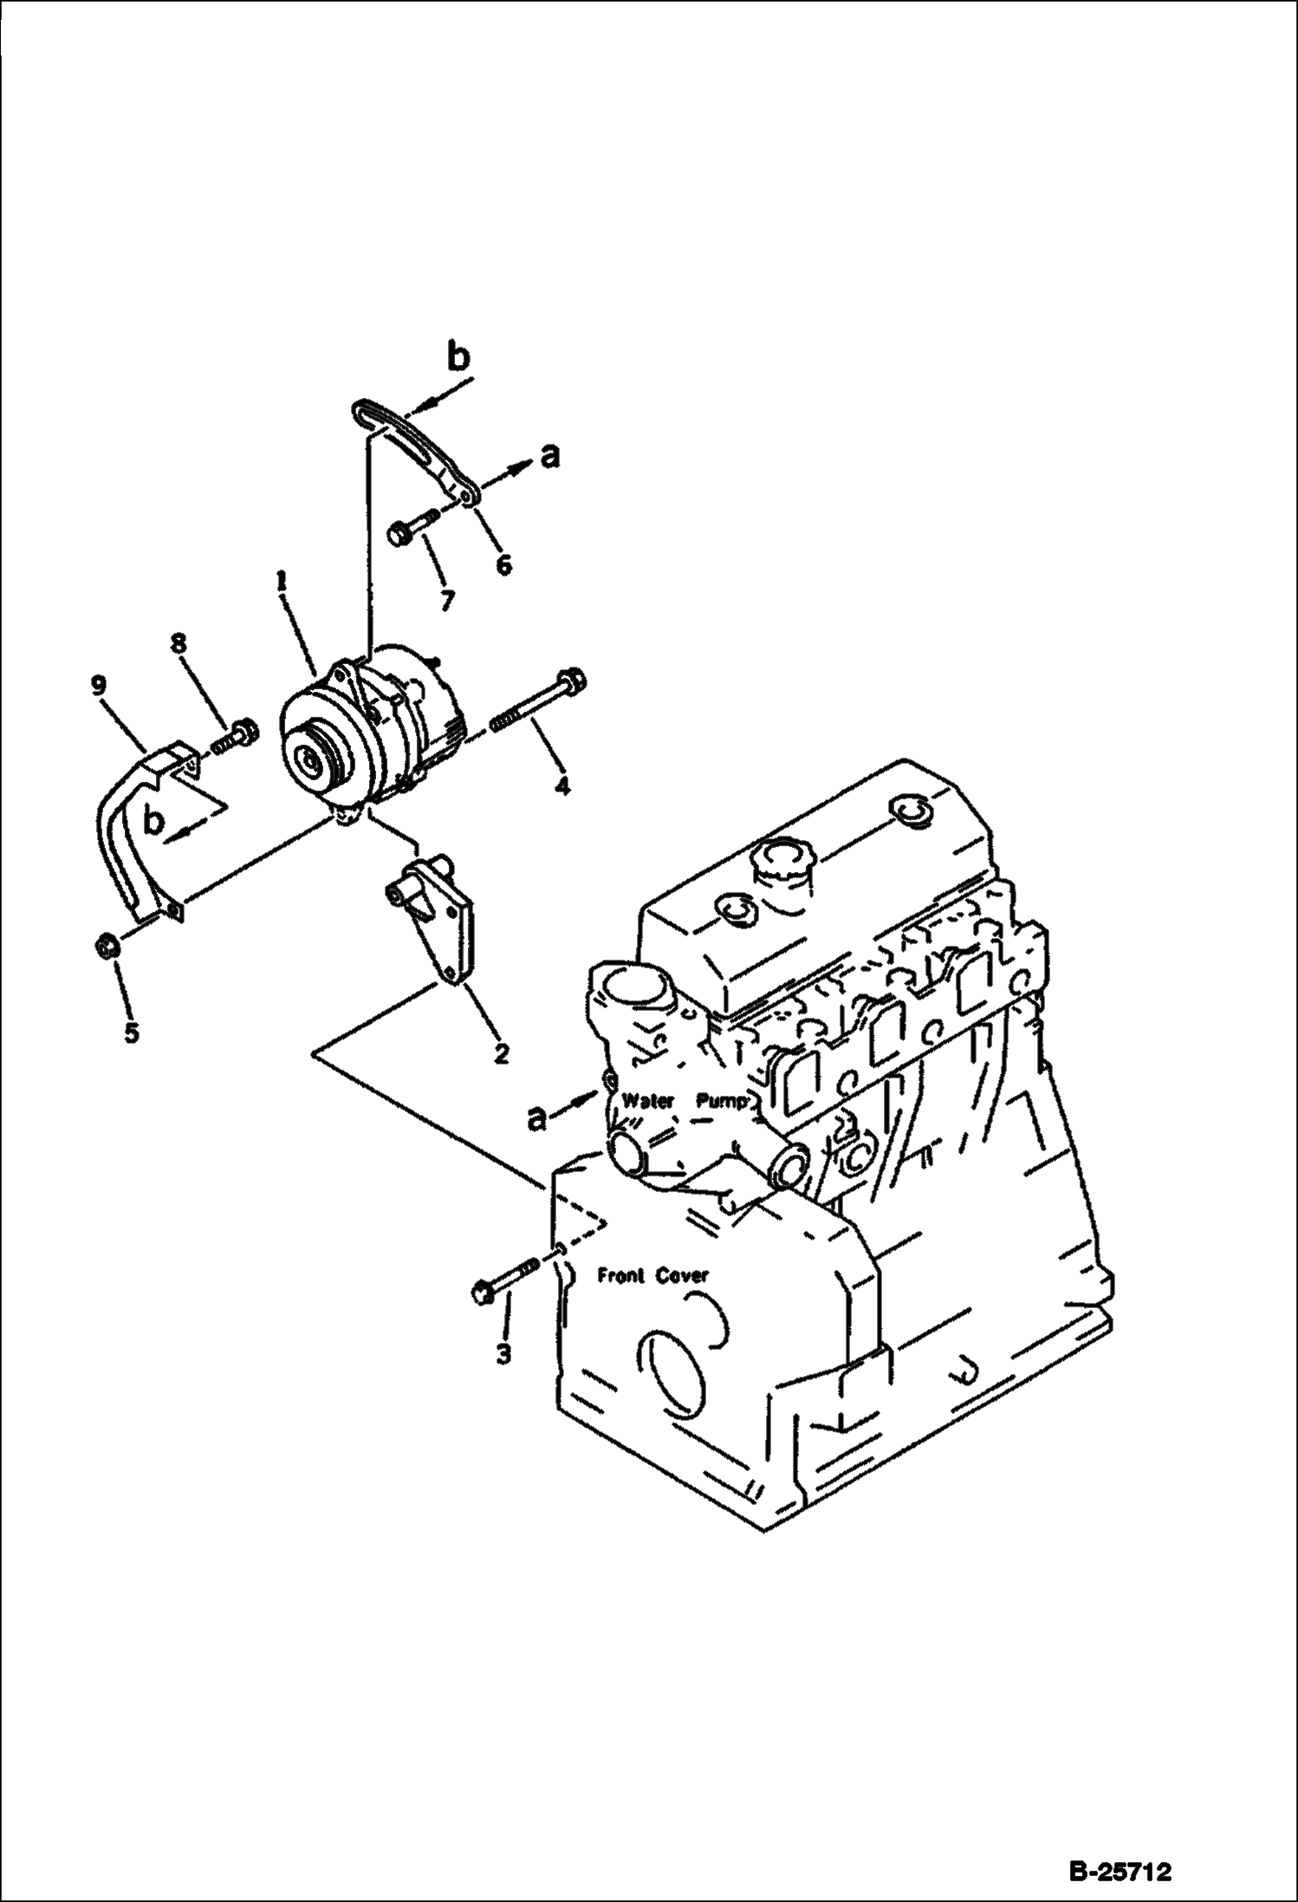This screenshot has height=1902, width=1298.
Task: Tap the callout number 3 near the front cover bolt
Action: pyautogui.click(x=504, y=1352)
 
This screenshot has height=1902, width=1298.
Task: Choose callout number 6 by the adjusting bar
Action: pyautogui.click(x=503, y=564)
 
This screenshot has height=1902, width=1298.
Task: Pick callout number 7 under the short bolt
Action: pyautogui.click(x=446, y=600)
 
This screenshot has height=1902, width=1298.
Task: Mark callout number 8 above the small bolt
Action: pyautogui.click(x=178, y=642)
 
